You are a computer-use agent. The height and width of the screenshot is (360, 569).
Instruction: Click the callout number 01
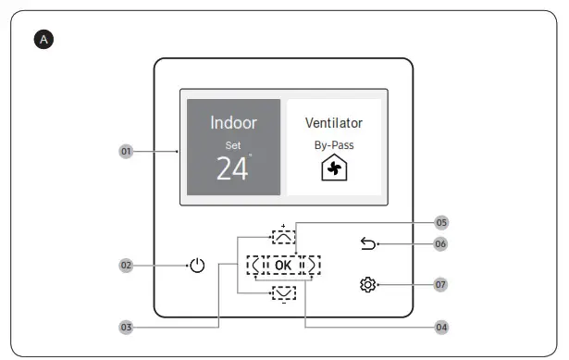click(x=126, y=150)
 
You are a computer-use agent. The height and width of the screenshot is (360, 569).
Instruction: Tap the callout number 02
click(x=126, y=266)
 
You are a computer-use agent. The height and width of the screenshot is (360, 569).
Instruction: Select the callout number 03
click(x=126, y=327)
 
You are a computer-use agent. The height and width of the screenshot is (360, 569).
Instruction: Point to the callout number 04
click(x=441, y=327)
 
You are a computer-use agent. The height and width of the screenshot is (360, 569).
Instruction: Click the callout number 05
click(x=441, y=223)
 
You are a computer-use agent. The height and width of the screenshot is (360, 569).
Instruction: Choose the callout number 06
click(x=441, y=244)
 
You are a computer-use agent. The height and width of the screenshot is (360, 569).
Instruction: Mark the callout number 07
click(x=441, y=285)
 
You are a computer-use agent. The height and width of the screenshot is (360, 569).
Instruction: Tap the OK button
click(x=283, y=266)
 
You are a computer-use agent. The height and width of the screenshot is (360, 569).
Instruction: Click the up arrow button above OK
click(x=283, y=236)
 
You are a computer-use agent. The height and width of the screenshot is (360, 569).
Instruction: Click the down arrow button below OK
click(x=283, y=293)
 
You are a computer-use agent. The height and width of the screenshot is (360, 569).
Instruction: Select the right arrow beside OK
click(x=312, y=266)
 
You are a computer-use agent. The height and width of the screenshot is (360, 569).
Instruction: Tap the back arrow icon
click(x=366, y=244)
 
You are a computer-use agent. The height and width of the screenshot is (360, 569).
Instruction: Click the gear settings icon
click(x=366, y=285)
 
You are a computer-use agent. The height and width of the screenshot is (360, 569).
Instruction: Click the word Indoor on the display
click(x=233, y=123)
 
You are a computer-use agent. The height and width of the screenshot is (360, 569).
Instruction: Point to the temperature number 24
click(x=232, y=168)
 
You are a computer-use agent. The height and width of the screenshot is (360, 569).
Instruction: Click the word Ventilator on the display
click(x=333, y=123)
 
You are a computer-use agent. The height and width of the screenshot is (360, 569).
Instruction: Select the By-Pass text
click(x=333, y=145)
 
